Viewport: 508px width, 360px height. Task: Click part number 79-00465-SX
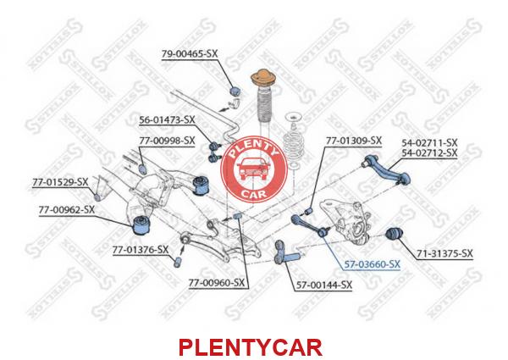click(x=190, y=54)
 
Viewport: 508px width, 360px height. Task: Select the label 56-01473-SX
click(x=167, y=120)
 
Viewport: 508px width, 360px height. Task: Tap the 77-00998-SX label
click(x=167, y=141)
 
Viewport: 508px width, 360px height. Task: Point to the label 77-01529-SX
click(x=60, y=182)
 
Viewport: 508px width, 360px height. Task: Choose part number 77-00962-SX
click(x=67, y=210)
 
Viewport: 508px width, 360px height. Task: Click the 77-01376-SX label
click(x=141, y=250)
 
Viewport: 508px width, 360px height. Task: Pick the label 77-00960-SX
click(x=217, y=283)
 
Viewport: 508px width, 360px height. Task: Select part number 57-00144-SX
click(x=324, y=285)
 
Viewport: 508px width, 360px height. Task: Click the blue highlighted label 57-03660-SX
click(x=372, y=264)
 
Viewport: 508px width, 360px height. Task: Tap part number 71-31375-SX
click(x=444, y=253)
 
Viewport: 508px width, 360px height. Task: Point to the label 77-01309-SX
click(x=354, y=141)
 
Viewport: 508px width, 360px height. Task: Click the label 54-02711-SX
click(x=429, y=142)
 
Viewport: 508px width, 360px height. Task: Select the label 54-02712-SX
click(x=429, y=152)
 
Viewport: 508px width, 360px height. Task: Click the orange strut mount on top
click(x=263, y=80)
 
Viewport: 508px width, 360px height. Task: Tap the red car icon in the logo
click(x=254, y=169)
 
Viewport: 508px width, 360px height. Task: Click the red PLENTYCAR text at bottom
click(x=251, y=347)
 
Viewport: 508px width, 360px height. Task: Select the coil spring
click(x=295, y=141)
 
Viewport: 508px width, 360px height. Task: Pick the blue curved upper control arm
click(x=387, y=170)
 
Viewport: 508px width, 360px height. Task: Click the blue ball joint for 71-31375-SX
click(x=395, y=233)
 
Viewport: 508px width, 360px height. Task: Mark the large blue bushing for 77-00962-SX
click(x=142, y=224)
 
